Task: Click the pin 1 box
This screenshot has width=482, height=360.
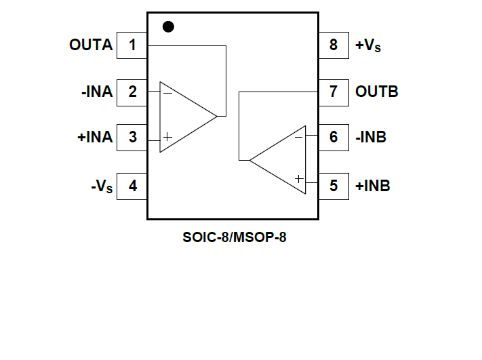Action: (x=132, y=45)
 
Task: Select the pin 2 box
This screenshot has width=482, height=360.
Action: (x=132, y=92)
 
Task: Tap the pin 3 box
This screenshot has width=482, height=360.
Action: (x=132, y=137)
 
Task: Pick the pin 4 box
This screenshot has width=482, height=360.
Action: (x=132, y=185)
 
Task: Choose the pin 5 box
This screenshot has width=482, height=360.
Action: (x=334, y=185)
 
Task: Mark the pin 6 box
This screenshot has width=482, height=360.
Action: (x=334, y=137)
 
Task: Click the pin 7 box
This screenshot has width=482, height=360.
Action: (x=334, y=92)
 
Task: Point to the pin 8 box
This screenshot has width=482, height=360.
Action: (x=334, y=45)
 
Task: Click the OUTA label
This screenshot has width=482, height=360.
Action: (x=91, y=45)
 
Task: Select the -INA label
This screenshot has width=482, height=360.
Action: (x=96, y=92)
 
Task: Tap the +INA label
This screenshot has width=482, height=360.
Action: (x=95, y=137)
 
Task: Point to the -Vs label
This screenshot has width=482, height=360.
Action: (x=102, y=186)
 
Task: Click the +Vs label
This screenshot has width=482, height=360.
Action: (x=368, y=46)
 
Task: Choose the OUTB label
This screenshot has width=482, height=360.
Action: (x=377, y=92)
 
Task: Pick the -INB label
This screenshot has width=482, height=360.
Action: (x=371, y=137)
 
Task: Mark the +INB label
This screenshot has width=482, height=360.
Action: (x=373, y=185)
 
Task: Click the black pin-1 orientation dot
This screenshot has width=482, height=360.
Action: (x=168, y=26)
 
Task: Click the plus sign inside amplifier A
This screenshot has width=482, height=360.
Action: (x=167, y=137)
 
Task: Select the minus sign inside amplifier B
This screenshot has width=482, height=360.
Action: (x=298, y=137)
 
